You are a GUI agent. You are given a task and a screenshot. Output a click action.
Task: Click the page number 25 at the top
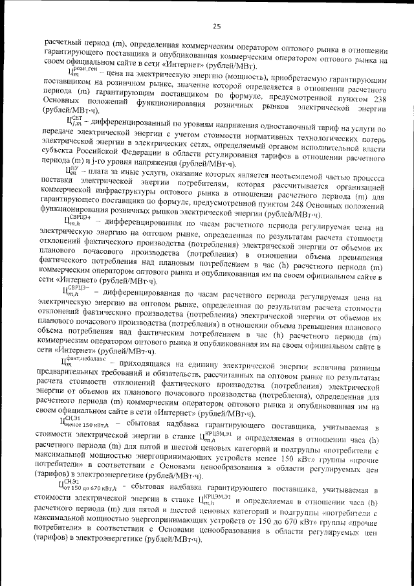coord(216,26)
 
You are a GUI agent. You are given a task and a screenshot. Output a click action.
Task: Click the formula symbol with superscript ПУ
coord(72,170)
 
